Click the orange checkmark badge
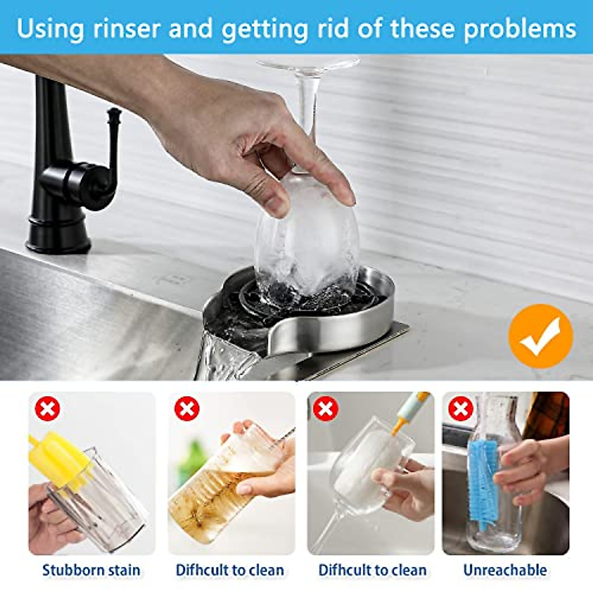click(x=540, y=336)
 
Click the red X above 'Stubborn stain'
click(x=47, y=409)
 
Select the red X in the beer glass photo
click(x=187, y=409)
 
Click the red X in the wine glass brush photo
click(x=326, y=409)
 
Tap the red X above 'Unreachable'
click(x=461, y=409)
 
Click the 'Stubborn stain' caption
click(x=91, y=570)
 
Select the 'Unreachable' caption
click(x=505, y=570)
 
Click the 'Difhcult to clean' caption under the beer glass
click(x=230, y=570)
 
